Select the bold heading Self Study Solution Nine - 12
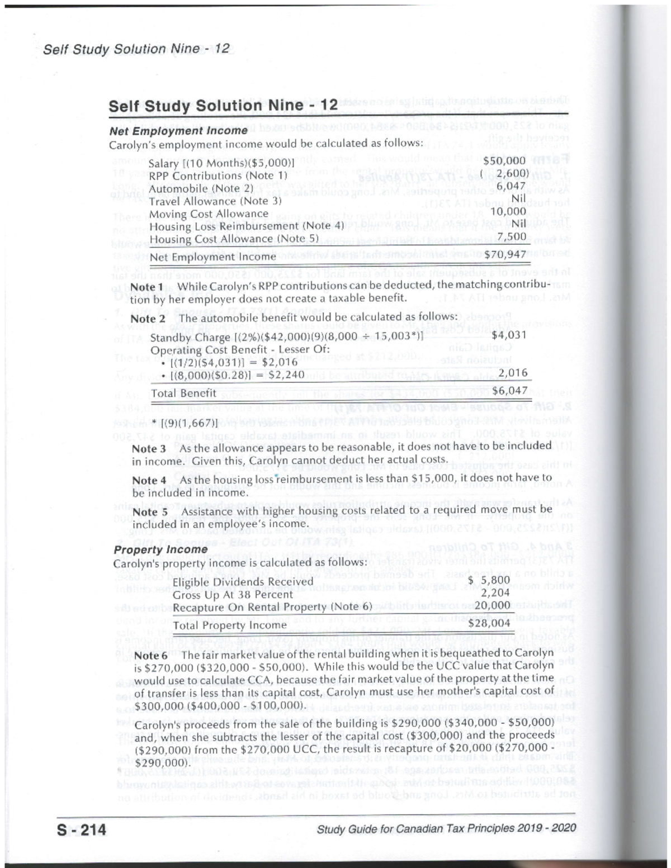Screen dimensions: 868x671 coord(223,106)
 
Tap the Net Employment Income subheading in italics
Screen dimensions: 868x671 coord(178,131)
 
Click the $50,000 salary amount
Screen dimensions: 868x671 coord(504,161)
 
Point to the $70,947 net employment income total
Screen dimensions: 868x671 coord(504,255)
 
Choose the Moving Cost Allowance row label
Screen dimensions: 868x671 coord(209,214)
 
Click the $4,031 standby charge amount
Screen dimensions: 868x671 coord(509,334)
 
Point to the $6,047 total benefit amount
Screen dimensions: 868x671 coord(509,390)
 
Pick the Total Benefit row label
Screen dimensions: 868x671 coord(183,393)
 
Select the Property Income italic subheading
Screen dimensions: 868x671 coord(160,549)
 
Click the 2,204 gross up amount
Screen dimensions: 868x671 coord(495,593)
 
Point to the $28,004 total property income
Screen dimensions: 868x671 coord(489,623)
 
